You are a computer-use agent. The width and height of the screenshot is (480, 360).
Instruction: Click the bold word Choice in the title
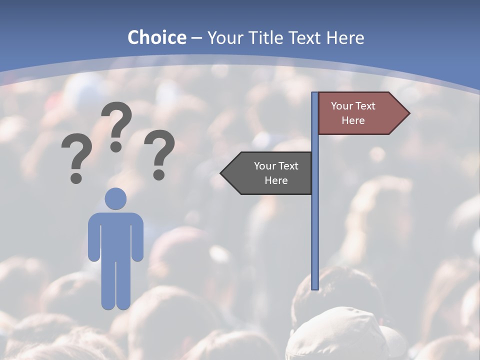click(156, 37)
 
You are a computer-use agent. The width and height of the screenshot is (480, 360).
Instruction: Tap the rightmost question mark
click(159, 150)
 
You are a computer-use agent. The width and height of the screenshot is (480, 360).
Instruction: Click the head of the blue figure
click(115, 199)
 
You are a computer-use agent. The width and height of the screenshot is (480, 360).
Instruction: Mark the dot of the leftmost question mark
click(76, 177)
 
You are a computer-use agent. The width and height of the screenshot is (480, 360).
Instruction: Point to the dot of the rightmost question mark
click(159, 174)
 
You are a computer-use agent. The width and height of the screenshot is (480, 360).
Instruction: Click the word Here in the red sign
click(353, 120)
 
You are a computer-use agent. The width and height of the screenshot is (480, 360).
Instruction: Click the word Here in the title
click(345, 37)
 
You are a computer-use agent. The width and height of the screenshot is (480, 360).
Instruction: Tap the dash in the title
click(196, 38)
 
